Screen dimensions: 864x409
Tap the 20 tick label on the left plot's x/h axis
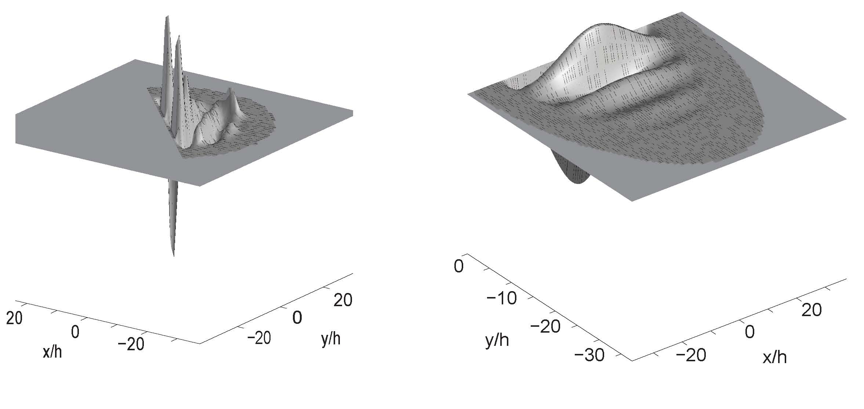coord(14,318)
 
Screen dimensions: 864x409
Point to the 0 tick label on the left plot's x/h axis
coord(75,332)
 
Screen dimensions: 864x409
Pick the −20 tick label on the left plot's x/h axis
coord(131,344)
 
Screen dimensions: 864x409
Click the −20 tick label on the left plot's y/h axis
coord(259,337)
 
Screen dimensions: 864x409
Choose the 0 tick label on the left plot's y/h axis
coord(297,317)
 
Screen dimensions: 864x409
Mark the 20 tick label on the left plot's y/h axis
coord(343,300)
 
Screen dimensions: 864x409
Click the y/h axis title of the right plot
coord(497,340)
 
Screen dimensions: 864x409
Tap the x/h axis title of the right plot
coord(774,357)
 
